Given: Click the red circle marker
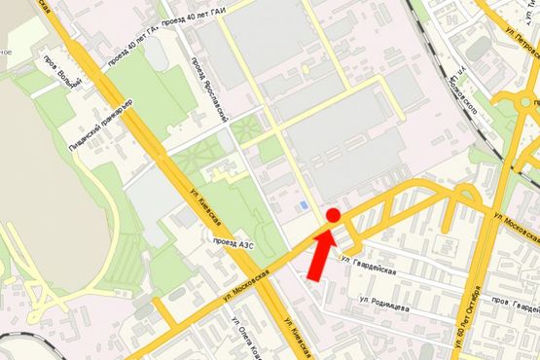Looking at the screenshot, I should tap(332, 215).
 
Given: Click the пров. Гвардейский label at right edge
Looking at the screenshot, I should tap(516, 304).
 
